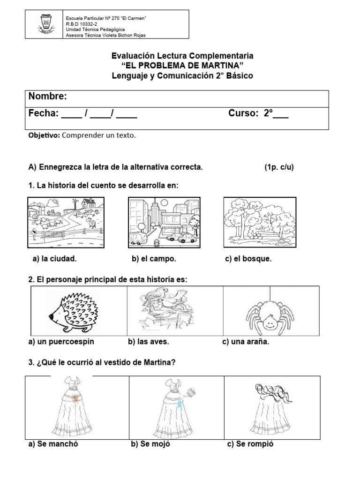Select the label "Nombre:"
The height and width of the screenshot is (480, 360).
pos(47,97)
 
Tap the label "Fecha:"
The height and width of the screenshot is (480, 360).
pos(43,113)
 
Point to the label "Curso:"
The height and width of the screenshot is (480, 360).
pos(244,113)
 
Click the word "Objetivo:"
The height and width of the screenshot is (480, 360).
pos(44,135)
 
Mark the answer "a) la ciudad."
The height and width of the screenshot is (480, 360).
pos(54,259)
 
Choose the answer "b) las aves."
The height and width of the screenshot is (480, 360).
pos(150,342)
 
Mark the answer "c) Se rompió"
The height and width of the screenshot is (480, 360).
pos(250,444)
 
